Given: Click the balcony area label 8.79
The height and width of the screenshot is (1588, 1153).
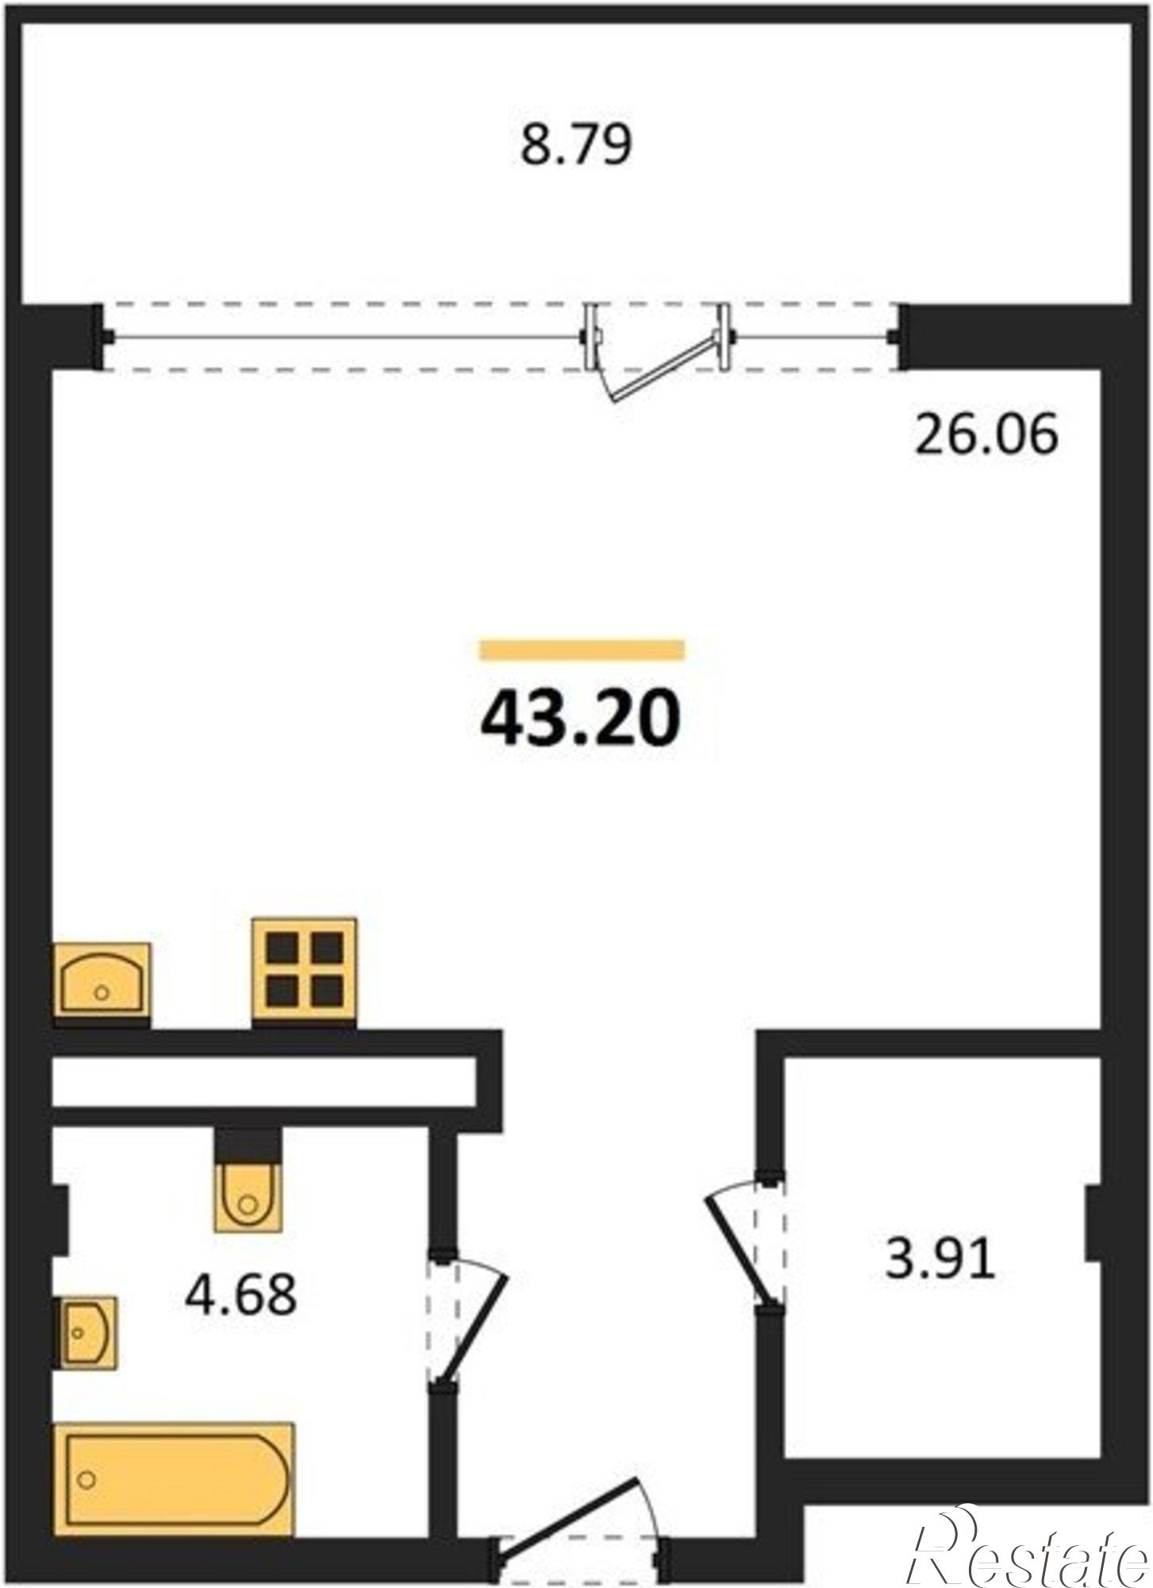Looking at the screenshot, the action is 576,146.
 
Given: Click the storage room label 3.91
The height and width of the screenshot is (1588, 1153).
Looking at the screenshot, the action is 940,1259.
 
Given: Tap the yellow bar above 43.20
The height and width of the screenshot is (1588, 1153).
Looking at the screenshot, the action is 582,649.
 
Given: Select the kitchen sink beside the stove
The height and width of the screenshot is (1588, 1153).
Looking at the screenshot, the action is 102,978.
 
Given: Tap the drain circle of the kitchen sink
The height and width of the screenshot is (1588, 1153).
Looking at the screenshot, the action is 102,991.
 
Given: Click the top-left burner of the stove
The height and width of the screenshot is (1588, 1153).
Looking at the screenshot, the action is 282,946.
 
